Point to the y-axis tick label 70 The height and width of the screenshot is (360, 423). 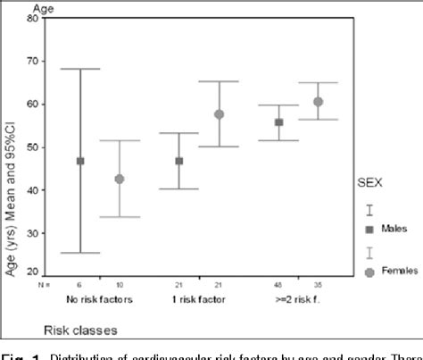(33, 62)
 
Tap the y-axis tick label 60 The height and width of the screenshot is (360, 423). (33, 105)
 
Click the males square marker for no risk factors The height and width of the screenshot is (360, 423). (80, 161)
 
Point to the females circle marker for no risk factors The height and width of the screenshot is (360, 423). (119, 179)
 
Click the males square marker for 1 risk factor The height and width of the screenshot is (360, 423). (179, 161)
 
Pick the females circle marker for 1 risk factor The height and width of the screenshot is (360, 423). (219, 114)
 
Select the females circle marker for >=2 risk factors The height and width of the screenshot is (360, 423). (318, 102)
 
